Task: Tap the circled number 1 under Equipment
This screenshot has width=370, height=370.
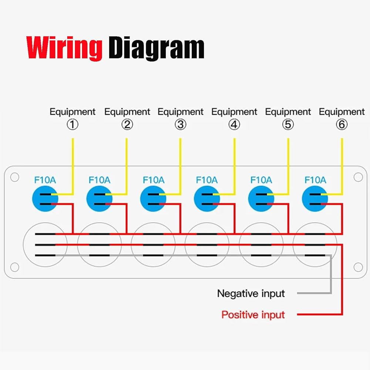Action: point(73,125)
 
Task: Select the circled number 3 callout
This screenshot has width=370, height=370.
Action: point(180,125)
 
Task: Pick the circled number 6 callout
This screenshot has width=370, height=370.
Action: point(342,125)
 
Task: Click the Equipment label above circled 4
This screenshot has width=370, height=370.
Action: point(234,112)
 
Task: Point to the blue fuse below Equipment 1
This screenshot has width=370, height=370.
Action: point(45,199)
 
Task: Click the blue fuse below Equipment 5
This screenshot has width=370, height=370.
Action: point(261,199)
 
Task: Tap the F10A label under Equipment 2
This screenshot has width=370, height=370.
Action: point(100,180)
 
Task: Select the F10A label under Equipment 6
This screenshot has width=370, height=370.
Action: point(315,180)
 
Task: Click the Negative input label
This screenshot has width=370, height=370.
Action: point(251,294)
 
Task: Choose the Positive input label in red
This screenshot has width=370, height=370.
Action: point(253,315)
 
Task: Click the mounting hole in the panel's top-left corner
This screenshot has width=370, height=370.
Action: point(14,177)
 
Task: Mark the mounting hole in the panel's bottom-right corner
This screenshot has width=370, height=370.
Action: point(358,267)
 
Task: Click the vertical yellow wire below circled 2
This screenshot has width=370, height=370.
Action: point(127,163)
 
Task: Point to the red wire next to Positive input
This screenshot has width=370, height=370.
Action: point(318,315)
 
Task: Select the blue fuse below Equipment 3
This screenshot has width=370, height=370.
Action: point(153,199)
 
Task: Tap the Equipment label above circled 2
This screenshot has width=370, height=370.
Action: point(127,112)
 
